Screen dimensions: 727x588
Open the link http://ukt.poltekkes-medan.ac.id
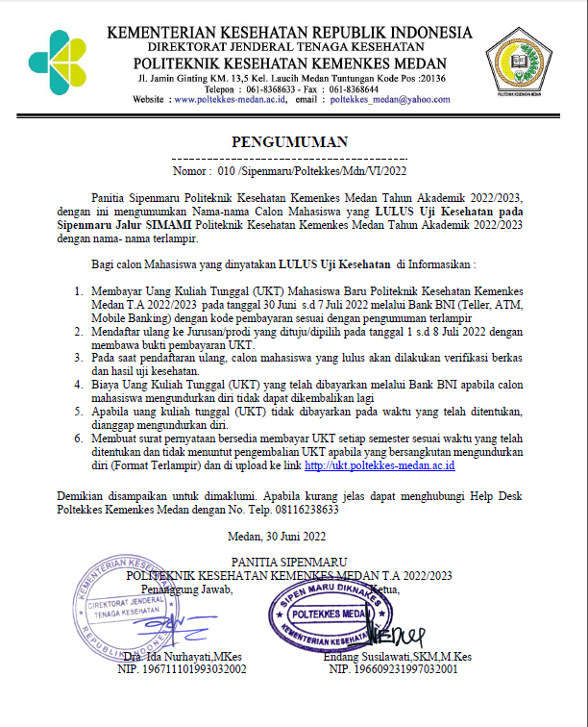(x=380, y=464)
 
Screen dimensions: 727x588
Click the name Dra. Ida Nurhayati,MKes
(x=184, y=656)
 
